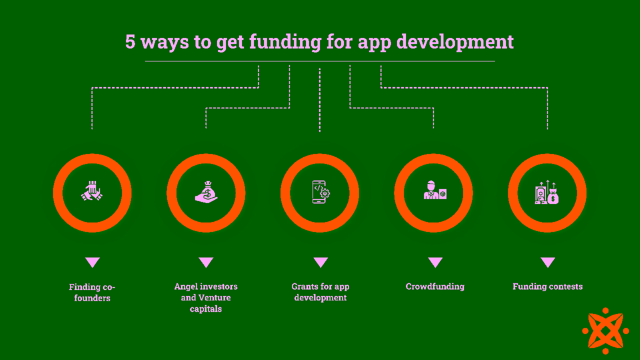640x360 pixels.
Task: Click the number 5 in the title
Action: click(130, 42)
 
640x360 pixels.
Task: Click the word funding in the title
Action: click(285, 42)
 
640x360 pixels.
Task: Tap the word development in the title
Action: click(455, 42)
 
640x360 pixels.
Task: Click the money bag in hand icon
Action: click(206, 192)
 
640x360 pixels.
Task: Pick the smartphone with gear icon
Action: click(320, 192)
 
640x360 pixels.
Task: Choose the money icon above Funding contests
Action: click(547, 192)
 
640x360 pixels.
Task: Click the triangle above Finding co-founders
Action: click(92, 262)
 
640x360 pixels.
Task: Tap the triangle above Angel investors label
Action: click(206, 262)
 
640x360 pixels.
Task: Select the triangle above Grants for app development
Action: click(320, 262)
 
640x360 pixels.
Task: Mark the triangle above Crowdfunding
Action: click(435, 262)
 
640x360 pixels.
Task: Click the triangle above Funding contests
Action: click(547, 262)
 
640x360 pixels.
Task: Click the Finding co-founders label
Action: click(92, 292)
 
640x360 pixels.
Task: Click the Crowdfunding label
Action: click(435, 286)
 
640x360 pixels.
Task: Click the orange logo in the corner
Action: click(605, 330)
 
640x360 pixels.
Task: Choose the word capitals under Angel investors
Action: click(205, 309)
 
